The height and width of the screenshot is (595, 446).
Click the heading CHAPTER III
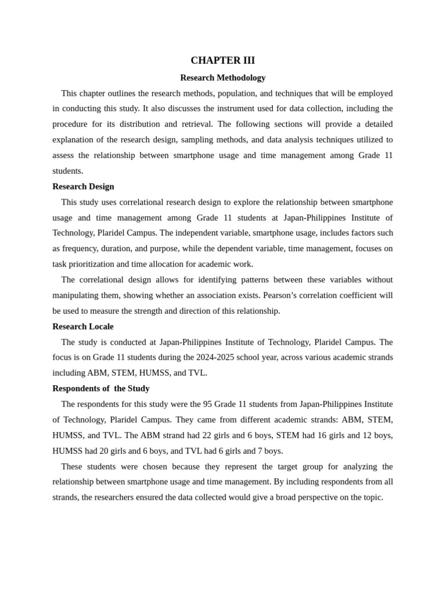222,60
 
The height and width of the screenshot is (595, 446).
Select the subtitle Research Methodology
222,77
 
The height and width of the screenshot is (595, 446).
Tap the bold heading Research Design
83,187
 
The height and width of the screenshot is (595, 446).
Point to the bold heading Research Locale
83,327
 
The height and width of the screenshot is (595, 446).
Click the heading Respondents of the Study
101,388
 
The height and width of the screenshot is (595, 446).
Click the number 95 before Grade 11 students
208,404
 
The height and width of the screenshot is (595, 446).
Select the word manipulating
76,295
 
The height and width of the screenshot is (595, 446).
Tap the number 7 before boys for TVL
260,451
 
